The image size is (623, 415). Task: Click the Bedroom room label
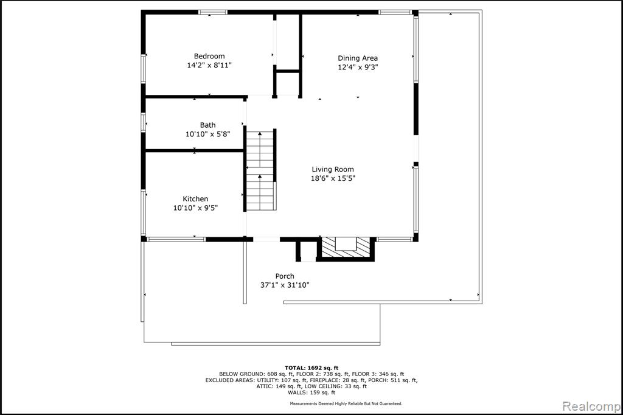click(209, 56)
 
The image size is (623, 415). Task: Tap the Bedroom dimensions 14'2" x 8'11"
click(209, 65)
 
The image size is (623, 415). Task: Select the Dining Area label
click(358, 58)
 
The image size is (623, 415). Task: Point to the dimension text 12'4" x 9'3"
click(358, 67)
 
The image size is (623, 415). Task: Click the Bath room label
click(208, 125)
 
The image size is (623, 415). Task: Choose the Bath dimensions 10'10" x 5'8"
click(208, 134)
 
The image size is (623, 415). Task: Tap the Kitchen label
click(195, 199)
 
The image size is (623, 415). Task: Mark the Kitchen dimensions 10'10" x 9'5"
click(195, 207)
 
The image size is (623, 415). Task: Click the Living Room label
click(333, 169)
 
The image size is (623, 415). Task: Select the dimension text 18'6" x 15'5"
click(333, 178)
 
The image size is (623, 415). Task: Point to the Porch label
click(285, 276)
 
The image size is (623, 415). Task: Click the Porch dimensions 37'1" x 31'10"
click(285, 285)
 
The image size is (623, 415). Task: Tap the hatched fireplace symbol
click(346, 248)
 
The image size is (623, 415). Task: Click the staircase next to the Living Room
click(260, 170)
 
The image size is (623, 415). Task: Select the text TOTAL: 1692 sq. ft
click(311, 368)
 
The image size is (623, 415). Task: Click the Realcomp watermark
click(591, 406)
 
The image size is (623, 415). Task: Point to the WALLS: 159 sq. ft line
click(311, 392)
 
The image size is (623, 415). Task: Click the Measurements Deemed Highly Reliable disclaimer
click(346, 403)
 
